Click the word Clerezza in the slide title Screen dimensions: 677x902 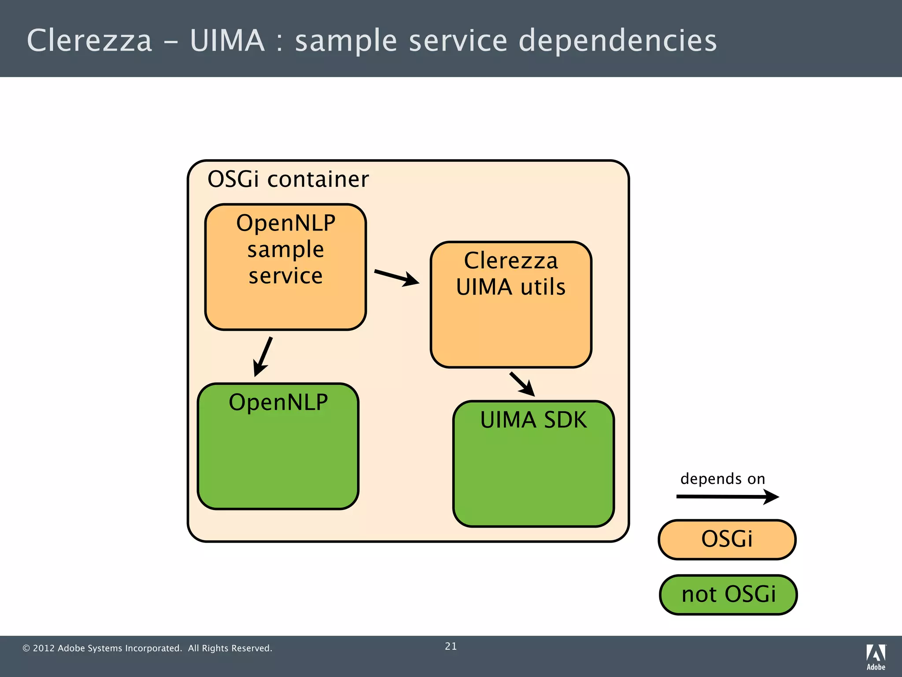(89, 41)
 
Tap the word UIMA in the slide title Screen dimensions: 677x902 (227, 41)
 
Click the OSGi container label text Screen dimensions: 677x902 (288, 179)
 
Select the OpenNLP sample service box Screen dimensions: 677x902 (285, 304)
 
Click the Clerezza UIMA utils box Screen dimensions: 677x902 (511, 331)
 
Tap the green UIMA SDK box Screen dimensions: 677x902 (533, 476)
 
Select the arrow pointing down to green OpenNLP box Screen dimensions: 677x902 (263, 357)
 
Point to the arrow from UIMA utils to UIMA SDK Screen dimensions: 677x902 (522, 384)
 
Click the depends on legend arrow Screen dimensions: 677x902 (727, 497)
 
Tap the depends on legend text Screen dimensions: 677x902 (723, 479)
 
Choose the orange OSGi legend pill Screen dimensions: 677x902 (727, 539)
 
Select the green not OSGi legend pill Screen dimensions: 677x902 (728, 595)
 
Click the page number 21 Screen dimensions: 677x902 (451, 646)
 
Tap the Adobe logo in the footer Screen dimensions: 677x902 (876, 657)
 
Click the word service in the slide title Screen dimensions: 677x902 (458, 41)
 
